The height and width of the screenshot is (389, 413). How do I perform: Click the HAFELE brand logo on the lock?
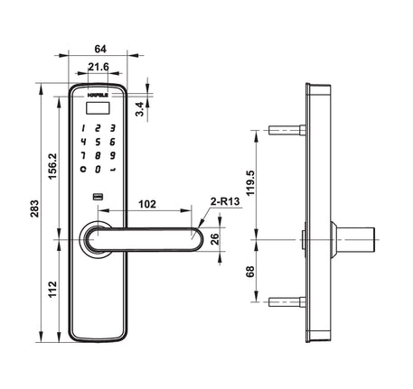pyautogui.click(x=98, y=90)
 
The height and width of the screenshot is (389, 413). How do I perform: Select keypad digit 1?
pyautogui.click(x=83, y=128)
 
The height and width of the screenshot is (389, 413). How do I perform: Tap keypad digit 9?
pyautogui.click(x=111, y=154)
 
